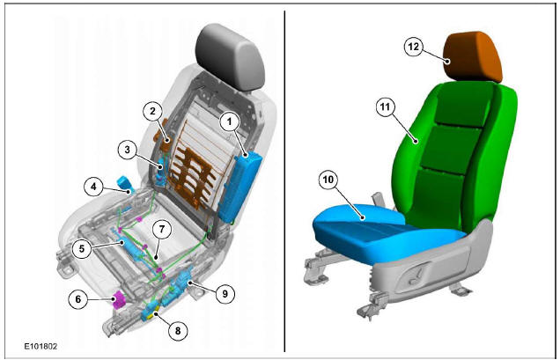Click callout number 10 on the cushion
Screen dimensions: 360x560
pyautogui.click(x=328, y=181)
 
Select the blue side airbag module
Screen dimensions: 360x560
pyautogui.click(x=240, y=185)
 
